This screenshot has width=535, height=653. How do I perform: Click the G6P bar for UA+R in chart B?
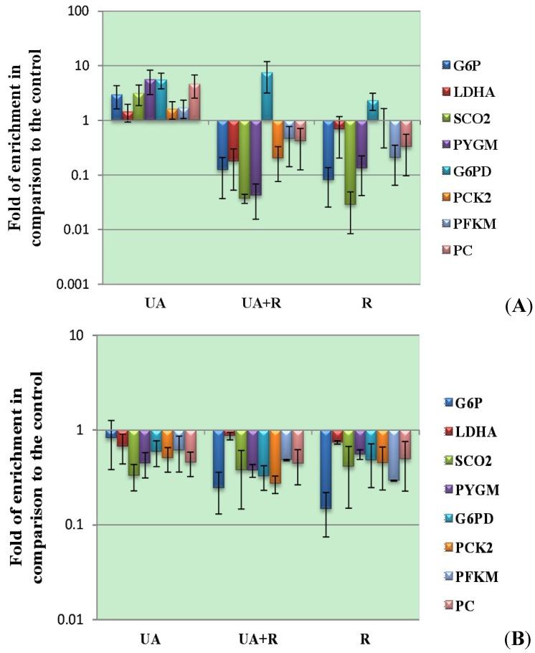218,459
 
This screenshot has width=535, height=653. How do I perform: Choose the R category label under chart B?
366,637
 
